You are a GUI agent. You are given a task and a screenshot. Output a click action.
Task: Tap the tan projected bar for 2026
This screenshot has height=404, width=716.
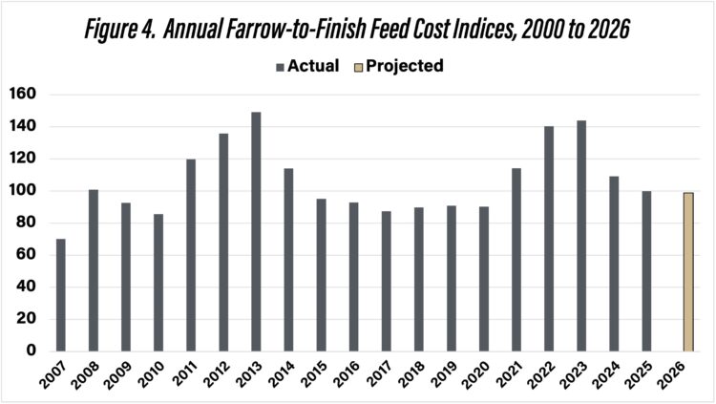point(687,271)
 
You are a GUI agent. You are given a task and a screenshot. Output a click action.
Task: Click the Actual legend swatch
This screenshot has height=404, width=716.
point(280,66)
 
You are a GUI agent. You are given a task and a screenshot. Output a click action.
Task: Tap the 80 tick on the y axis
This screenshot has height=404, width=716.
point(27,223)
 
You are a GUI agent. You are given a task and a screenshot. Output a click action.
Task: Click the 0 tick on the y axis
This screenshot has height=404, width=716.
point(31,351)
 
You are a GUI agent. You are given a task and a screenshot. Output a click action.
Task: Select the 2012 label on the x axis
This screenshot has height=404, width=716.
point(217,374)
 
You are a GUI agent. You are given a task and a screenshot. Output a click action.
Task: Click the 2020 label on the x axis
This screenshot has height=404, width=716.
point(476,374)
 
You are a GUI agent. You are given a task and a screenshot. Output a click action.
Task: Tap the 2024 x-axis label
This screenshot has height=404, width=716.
point(606,374)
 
